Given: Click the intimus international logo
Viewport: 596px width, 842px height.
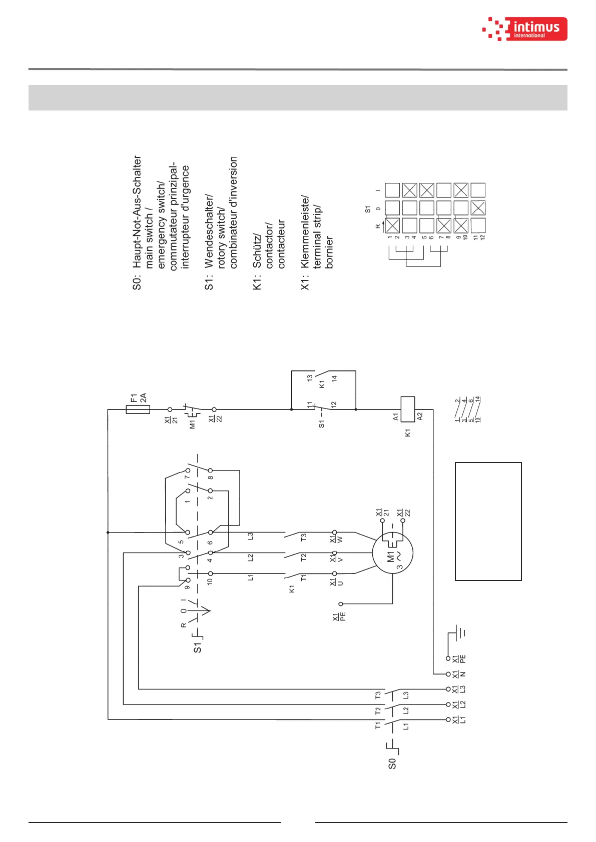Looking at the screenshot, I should [525, 28].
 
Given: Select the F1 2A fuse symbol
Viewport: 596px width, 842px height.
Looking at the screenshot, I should [138, 409].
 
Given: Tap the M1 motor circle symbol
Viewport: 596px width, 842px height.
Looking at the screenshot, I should [392, 553].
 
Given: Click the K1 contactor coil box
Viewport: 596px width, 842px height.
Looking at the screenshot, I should [408, 409].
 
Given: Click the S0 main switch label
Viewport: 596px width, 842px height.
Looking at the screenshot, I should [392, 763].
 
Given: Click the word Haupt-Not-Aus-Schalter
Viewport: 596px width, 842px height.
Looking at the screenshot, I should [137, 211].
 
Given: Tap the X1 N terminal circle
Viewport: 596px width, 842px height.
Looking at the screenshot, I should [448, 674].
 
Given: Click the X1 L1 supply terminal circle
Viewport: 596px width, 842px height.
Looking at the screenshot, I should [448, 719].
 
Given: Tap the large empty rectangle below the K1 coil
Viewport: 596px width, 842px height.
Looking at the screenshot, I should [488, 521].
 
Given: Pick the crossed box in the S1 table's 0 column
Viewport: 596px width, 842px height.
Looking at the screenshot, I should [478, 207].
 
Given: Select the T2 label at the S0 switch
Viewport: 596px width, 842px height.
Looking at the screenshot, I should [378, 710].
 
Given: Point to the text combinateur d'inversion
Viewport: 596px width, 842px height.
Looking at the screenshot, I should [233, 212].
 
